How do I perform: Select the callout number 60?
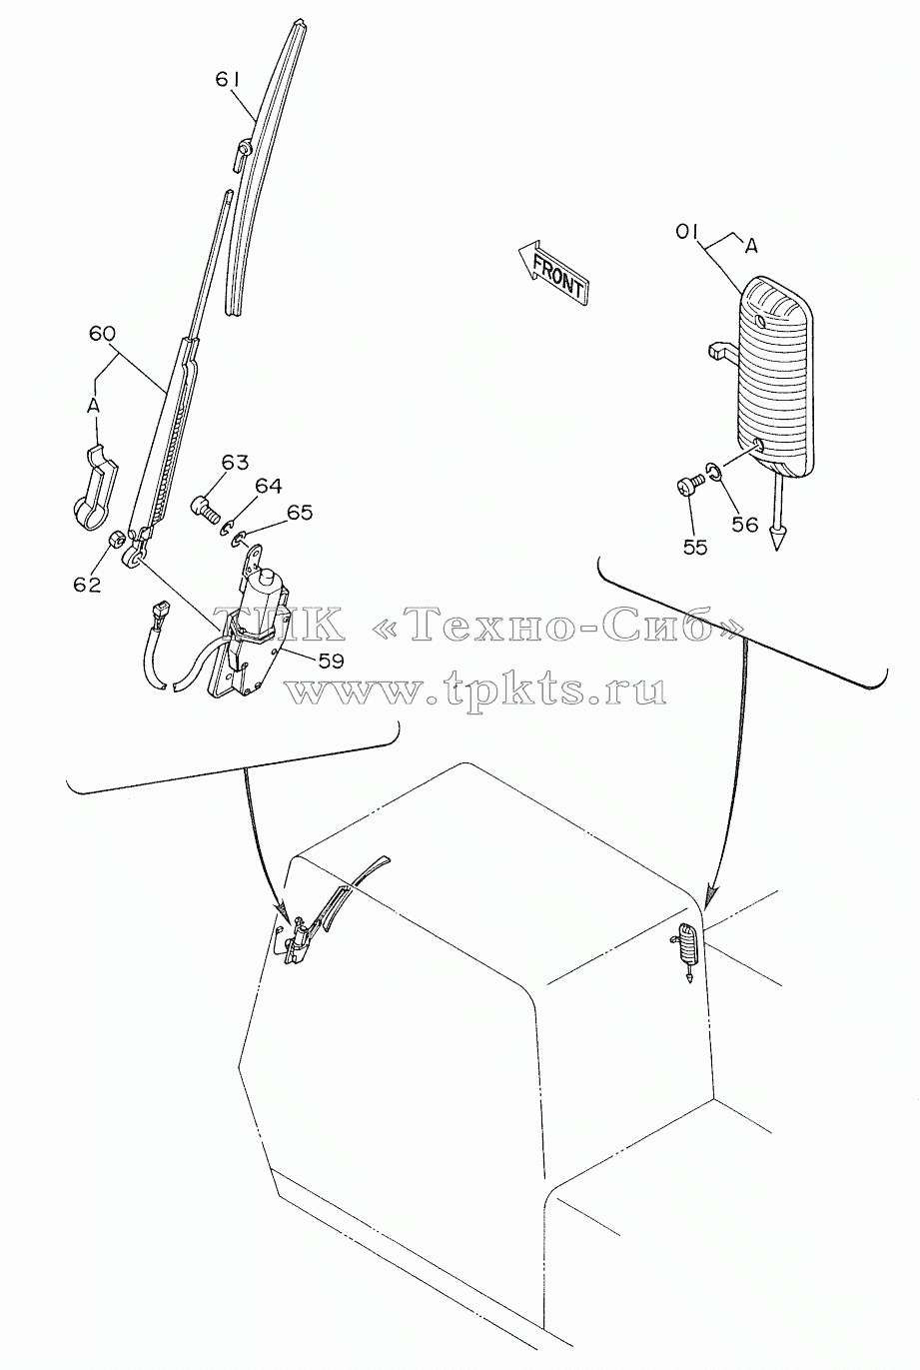tap(103, 334)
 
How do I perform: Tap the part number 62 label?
tap(87, 585)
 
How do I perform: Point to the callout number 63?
tap(236, 463)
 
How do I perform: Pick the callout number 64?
tap(269, 487)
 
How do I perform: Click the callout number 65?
tap(300, 512)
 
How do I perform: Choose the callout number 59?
tap(330, 661)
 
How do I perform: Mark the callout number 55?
tap(694, 547)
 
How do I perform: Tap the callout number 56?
tap(745, 525)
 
